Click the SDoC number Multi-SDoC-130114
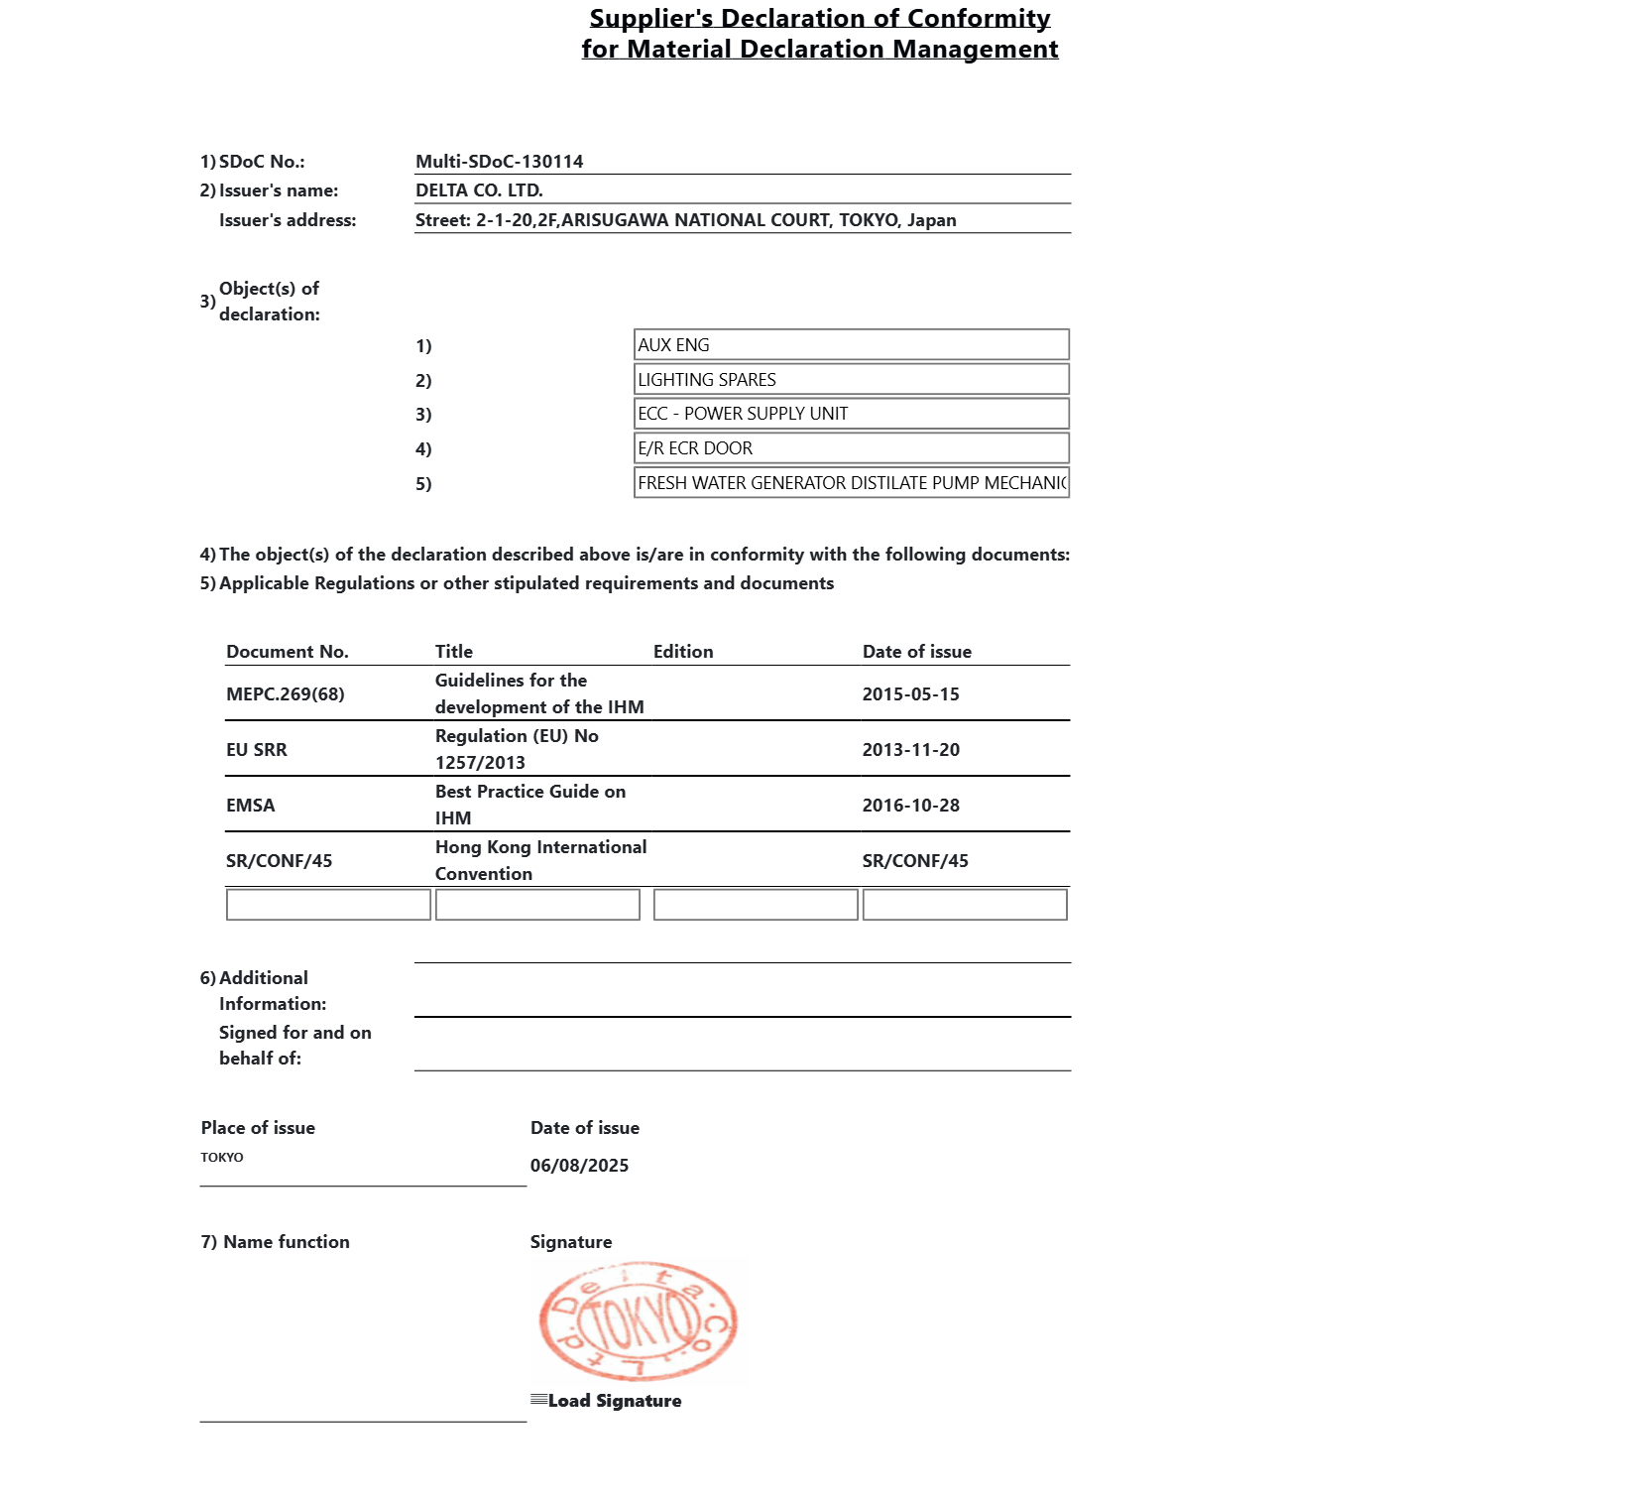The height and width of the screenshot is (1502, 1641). point(499,162)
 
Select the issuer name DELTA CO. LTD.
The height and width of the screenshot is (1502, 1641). point(479,190)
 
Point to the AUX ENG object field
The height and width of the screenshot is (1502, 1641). point(851,345)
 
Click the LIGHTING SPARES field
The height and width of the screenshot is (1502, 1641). point(851,380)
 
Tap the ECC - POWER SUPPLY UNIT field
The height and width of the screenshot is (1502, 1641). point(851,414)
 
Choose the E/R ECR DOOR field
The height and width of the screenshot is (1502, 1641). point(851,448)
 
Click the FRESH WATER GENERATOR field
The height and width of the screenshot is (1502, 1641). point(851,483)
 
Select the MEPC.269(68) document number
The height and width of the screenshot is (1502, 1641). point(286,694)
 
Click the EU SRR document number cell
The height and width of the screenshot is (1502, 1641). point(257,750)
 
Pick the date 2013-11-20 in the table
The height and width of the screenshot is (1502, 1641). point(910,750)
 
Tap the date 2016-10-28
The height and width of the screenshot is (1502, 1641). point(910,806)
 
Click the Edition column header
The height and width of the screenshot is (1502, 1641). point(683,652)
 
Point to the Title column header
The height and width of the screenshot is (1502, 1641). point(454,652)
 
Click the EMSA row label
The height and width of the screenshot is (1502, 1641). point(251,806)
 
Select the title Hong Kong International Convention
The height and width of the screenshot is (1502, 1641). point(540,860)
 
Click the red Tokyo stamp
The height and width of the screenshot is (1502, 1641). point(638,1321)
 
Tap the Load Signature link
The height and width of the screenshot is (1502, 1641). point(614,1401)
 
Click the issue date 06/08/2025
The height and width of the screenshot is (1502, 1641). point(579,1166)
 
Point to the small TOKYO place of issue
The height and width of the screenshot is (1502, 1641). point(222,1158)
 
